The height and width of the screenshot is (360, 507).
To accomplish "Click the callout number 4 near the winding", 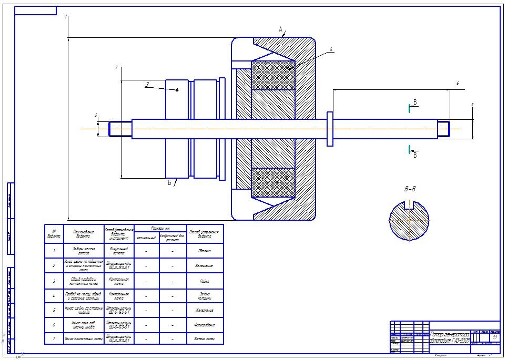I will [x=331, y=50].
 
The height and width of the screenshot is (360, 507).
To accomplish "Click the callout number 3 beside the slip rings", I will [x=147, y=84].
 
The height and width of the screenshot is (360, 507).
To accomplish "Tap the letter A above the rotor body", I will [x=281, y=29].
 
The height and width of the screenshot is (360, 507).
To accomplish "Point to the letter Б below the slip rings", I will [x=170, y=183].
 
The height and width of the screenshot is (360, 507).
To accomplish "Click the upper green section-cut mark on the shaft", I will [x=409, y=108].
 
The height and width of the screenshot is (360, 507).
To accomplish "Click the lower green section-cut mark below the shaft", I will [x=409, y=150].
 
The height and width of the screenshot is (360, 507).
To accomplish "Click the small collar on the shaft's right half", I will [x=330, y=128].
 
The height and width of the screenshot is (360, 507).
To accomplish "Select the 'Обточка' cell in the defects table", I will [x=205, y=251].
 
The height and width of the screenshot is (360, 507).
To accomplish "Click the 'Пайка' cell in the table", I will [x=205, y=281].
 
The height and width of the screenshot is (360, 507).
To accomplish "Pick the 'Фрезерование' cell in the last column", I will [x=205, y=325].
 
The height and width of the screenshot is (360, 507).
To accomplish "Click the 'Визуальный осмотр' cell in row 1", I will [x=119, y=251].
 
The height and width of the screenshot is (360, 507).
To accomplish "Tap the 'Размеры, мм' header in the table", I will [x=161, y=229].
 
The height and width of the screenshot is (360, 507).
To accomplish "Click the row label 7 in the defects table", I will [x=54, y=339].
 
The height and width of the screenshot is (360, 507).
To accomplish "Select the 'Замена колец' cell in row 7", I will [x=205, y=339].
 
